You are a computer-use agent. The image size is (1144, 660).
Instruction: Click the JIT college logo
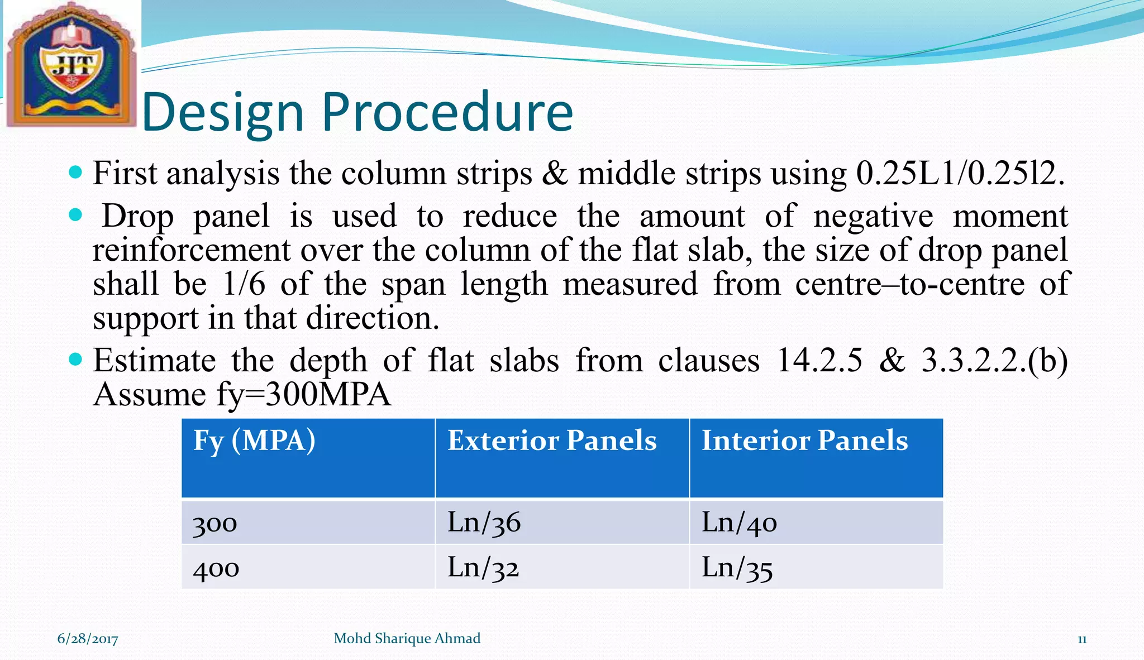[x=71, y=64]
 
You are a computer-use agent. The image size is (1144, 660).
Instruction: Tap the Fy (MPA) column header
[x=254, y=441]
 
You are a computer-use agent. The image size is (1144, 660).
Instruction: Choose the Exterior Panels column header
[x=552, y=441]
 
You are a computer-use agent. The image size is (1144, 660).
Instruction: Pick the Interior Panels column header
[x=804, y=441]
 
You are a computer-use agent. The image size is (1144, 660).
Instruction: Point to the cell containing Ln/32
[x=483, y=568]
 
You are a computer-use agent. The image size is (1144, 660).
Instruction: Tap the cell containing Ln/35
[x=737, y=568]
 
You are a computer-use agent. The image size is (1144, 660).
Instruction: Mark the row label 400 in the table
[x=216, y=569]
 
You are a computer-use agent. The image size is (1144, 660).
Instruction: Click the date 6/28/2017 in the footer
[x=88, y=639]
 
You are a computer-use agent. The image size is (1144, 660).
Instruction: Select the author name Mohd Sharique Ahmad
[x=407, y=638]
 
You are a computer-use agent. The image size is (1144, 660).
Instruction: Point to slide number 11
[x=1081, y=639]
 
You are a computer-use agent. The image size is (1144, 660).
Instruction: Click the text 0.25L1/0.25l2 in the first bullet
[x=960, y=174]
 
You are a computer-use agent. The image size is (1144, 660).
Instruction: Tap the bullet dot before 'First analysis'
[x=75, y=171]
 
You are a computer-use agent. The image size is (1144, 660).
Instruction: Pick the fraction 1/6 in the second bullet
[x=244, y=284]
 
